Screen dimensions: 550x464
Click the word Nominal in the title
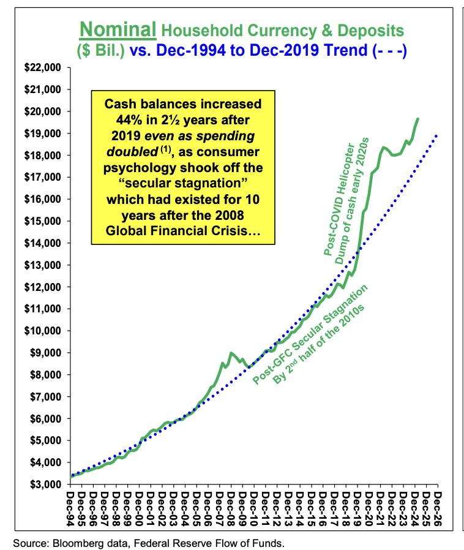click(x=118, y=29)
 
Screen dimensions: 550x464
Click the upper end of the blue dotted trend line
click(x=437, y=135)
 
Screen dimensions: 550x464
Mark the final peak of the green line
click(x=417, y=119)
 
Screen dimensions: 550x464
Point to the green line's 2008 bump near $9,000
click(x=231, y=353)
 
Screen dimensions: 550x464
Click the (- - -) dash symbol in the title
click(x=389, y=49)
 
